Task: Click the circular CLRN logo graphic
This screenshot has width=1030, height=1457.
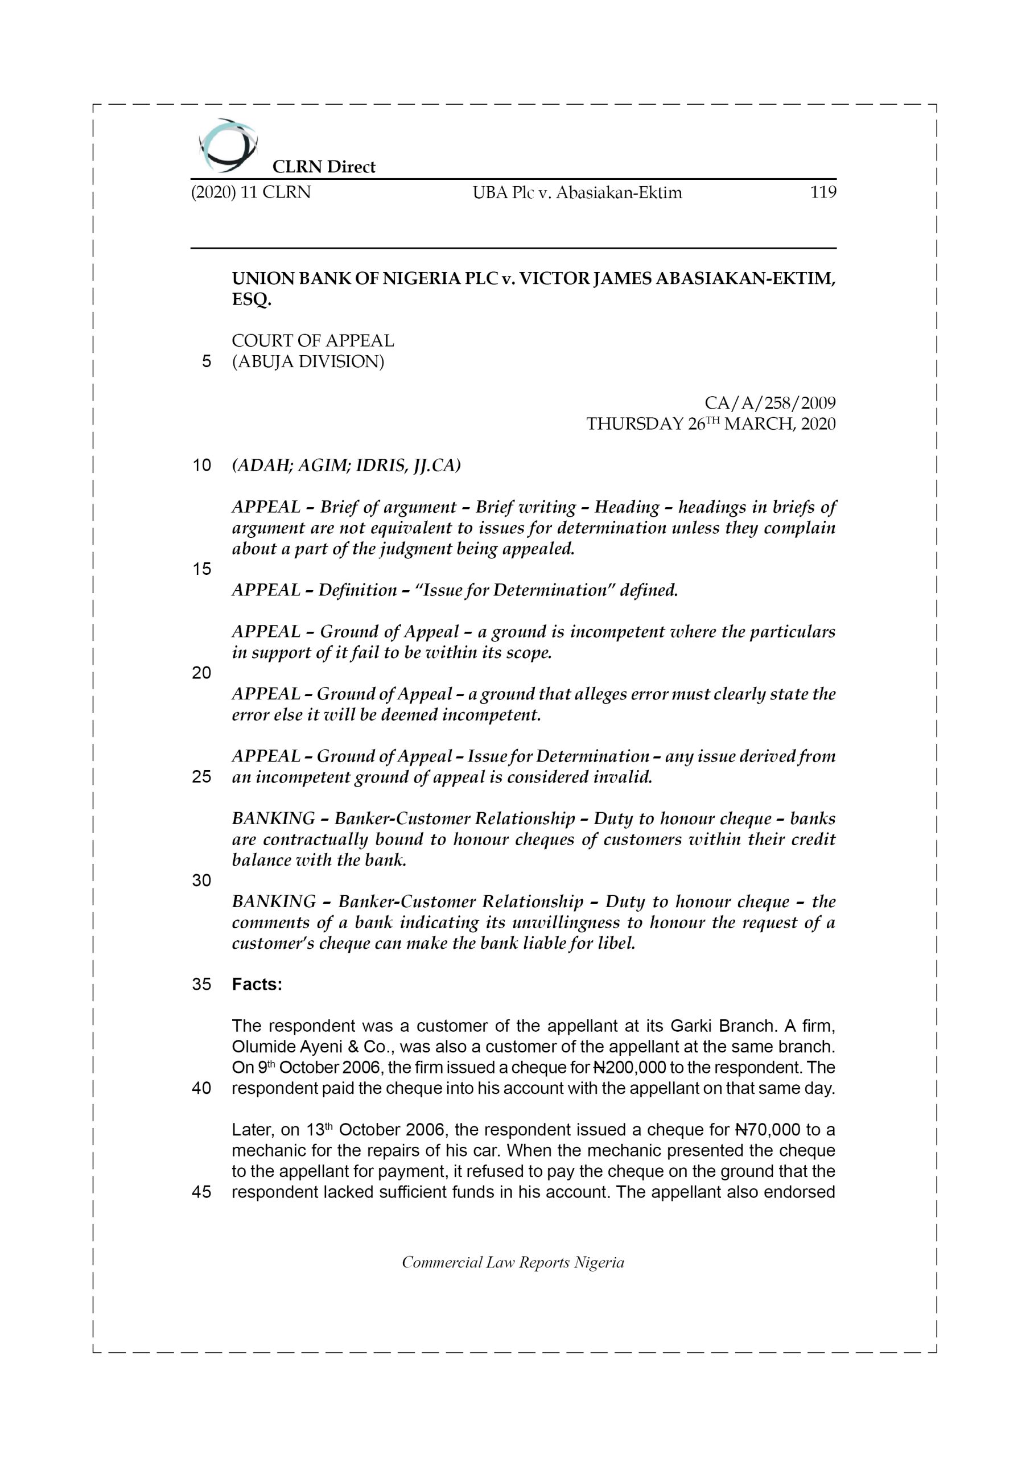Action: click(227, 146)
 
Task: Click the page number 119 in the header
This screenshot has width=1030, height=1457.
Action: click(822, 192)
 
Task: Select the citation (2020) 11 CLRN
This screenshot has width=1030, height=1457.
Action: click(251, 192)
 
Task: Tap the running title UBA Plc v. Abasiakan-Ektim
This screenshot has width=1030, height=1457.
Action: click(577, 193)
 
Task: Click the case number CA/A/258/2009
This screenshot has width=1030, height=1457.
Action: click(770, 403)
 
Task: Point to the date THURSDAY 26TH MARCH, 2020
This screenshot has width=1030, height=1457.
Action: click(711, 424)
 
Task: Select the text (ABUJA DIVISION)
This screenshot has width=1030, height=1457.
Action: click(308, 362)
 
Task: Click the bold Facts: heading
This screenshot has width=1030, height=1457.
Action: click(257, 984)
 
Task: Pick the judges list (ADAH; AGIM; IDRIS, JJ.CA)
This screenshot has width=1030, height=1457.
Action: click(347, 465)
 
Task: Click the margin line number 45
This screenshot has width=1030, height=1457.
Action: click(201, 1192)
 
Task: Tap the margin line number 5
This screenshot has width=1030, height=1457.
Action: click(206, 362)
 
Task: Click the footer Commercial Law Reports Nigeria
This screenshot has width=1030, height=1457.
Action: click(513, 1262)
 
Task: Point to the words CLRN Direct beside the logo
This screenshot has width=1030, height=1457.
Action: click(324, 167)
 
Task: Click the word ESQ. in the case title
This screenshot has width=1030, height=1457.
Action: click(252, 299)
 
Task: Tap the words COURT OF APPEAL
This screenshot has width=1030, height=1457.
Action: click(313, 341)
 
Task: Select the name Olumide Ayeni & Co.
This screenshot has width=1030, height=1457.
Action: click(310, 1047)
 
